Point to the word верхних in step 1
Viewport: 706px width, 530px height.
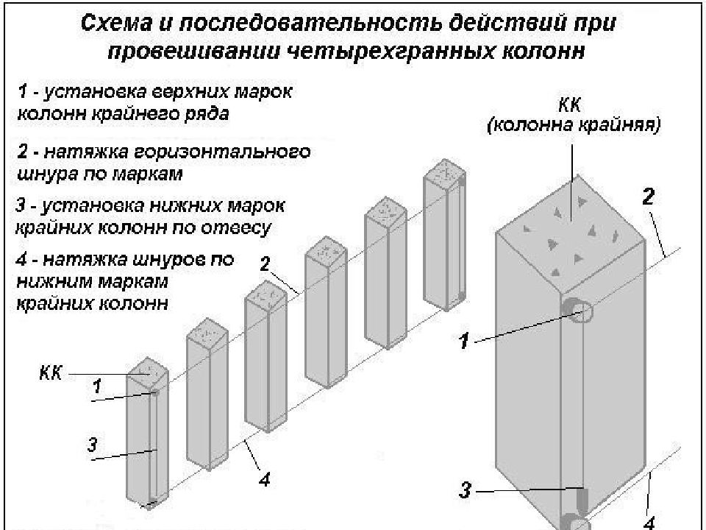[x=191, y=94]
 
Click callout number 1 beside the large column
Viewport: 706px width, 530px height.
[x=466, y=342]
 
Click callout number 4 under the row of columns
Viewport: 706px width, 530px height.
[x=264, y=480]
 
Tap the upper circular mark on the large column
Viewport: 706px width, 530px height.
[x=578, y=312]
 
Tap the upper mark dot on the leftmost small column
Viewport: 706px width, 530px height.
[x=155, y=393]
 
